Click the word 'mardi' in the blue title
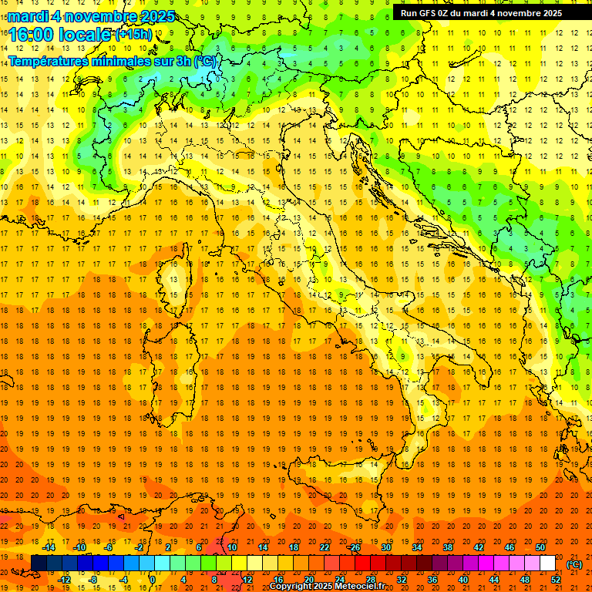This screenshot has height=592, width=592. tap(25, 15)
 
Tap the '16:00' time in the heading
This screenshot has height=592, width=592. tap(31, 34)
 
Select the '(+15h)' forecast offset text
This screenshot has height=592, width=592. tap(133, 34)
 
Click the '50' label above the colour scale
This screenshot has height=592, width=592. tap(540, 547)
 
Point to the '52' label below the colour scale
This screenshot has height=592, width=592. tap(556, 580)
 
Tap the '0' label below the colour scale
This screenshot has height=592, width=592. tap(153, 580)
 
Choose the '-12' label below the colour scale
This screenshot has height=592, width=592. tap(64, 580)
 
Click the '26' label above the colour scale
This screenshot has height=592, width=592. tap(355, 547)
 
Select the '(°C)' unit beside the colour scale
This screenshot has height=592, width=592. tap(574, 563)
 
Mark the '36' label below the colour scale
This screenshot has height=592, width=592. tap(432, 580)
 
